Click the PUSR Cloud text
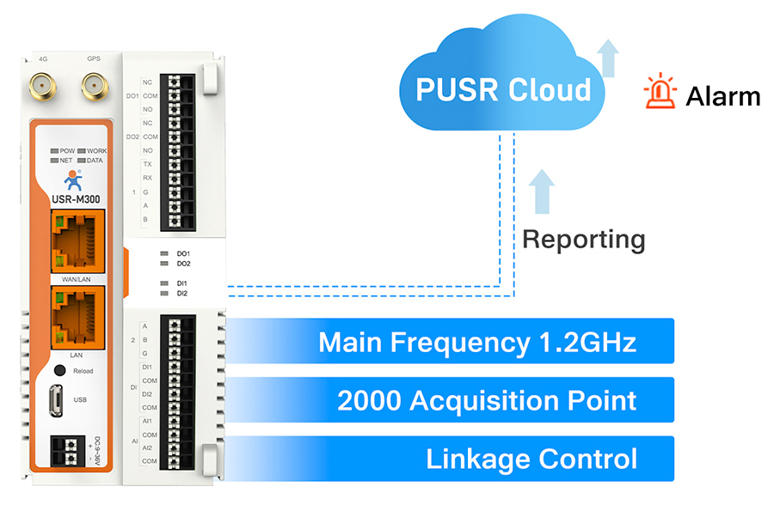click(503, 90)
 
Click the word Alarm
click(722, 97)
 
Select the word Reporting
click(584, 240)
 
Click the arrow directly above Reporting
click(543, 191)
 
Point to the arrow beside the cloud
click(609, 58)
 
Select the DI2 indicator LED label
click(182, 294)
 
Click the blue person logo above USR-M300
click(74, 179)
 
